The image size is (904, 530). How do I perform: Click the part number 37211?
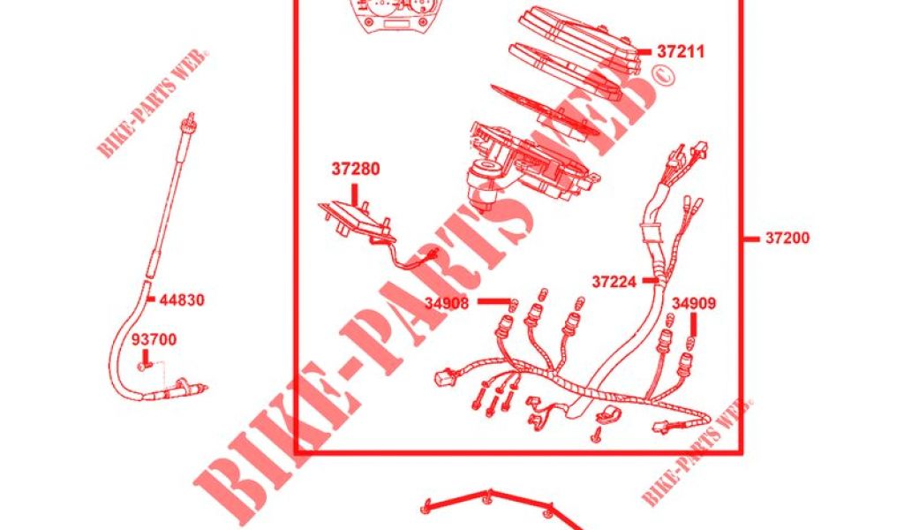coord(681,52)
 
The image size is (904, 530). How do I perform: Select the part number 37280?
coord(355,169)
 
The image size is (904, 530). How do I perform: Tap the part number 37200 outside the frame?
coord(787,238)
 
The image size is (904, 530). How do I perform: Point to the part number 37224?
coord(614,282)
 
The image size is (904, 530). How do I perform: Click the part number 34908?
coord(447,302)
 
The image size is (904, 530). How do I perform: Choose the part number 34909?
coord(694,303)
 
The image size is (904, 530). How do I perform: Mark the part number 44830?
coord(182,299)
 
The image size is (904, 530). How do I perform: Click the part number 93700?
coord(154,340)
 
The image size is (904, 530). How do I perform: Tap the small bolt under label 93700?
coord(142,367)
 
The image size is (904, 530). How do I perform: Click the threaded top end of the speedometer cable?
coord(189,122)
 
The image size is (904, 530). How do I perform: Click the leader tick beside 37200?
coord(751,238)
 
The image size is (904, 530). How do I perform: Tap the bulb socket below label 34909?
coord(686,361)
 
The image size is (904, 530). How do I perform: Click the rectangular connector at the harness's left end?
coord(445,378)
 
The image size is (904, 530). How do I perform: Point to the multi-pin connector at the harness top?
coord(699,150)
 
